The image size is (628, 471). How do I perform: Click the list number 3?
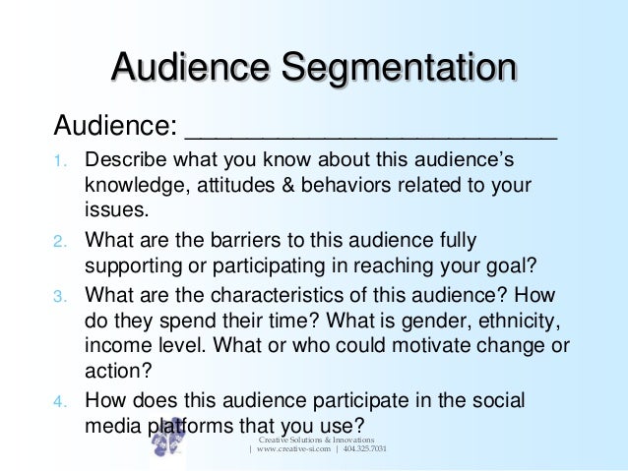coord(57,294)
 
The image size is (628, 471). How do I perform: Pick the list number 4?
coord(57,401)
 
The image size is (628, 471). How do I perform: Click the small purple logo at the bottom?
coord(168,440)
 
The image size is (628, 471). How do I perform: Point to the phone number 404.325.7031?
coord(364,449)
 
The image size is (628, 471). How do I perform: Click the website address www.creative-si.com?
coord(292,449)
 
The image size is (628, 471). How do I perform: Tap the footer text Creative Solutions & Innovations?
coord(318,439)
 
